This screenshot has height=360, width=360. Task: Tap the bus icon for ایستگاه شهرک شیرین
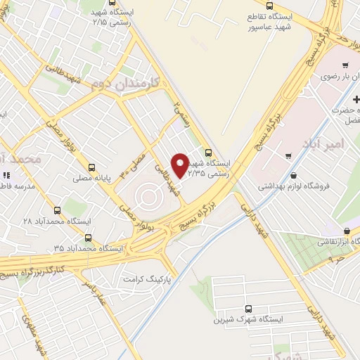(248, 308)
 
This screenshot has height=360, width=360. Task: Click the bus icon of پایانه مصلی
(91, 167)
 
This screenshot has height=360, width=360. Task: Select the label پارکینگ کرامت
(147, 279)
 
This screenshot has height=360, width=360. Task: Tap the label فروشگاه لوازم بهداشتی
(292, 186)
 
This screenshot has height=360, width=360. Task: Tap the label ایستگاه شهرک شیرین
(248, 319)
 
